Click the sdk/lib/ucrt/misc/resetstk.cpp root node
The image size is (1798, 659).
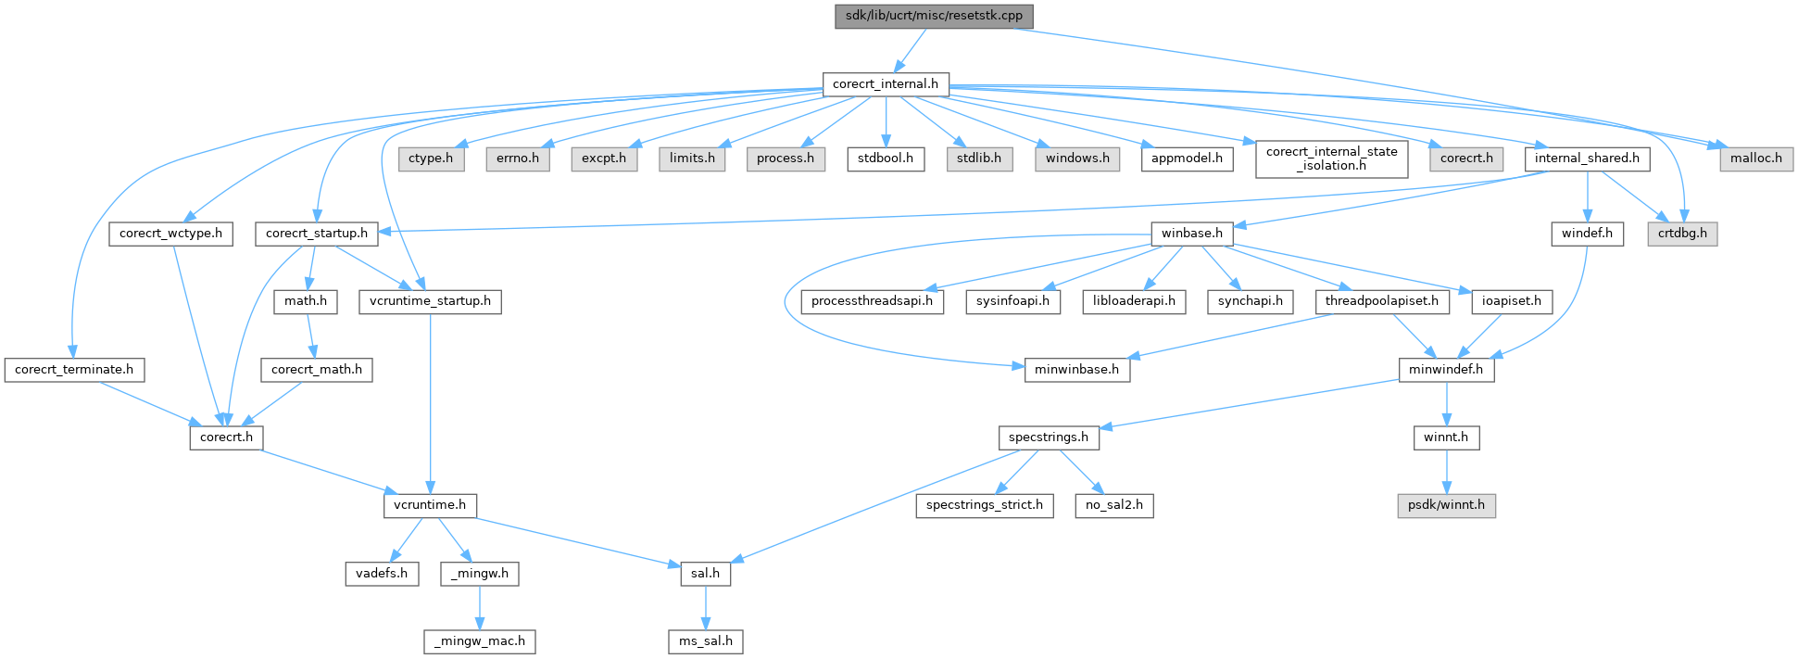click(934, 16)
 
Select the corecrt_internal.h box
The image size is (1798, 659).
click(886, 84)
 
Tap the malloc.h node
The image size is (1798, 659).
click(1755, 158)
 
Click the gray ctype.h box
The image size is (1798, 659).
click(431, 158)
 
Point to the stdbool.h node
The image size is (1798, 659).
click(885, 158)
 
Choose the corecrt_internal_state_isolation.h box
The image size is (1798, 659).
click(1331, 158)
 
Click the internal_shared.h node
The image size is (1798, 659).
click(1587, 158)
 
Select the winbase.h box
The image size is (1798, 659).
click(1192, 234)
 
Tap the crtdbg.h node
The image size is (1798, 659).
click(1682, 234)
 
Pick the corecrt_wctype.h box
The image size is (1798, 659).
click(170, 234)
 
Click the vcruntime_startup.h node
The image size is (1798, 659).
click(430, 301)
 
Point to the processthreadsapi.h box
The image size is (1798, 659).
click(872, 301)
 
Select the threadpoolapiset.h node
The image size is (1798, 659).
click(1381, 301)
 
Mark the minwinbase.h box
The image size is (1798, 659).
click(1076, 370)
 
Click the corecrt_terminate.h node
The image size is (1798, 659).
click(74, 370)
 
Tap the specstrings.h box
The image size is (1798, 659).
click(1049, 437)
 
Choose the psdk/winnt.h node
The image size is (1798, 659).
click(1446, 505)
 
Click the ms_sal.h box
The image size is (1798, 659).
click(706, 641)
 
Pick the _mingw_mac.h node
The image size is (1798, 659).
click(480, 641)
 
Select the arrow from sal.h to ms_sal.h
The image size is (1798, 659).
click(706, 607)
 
